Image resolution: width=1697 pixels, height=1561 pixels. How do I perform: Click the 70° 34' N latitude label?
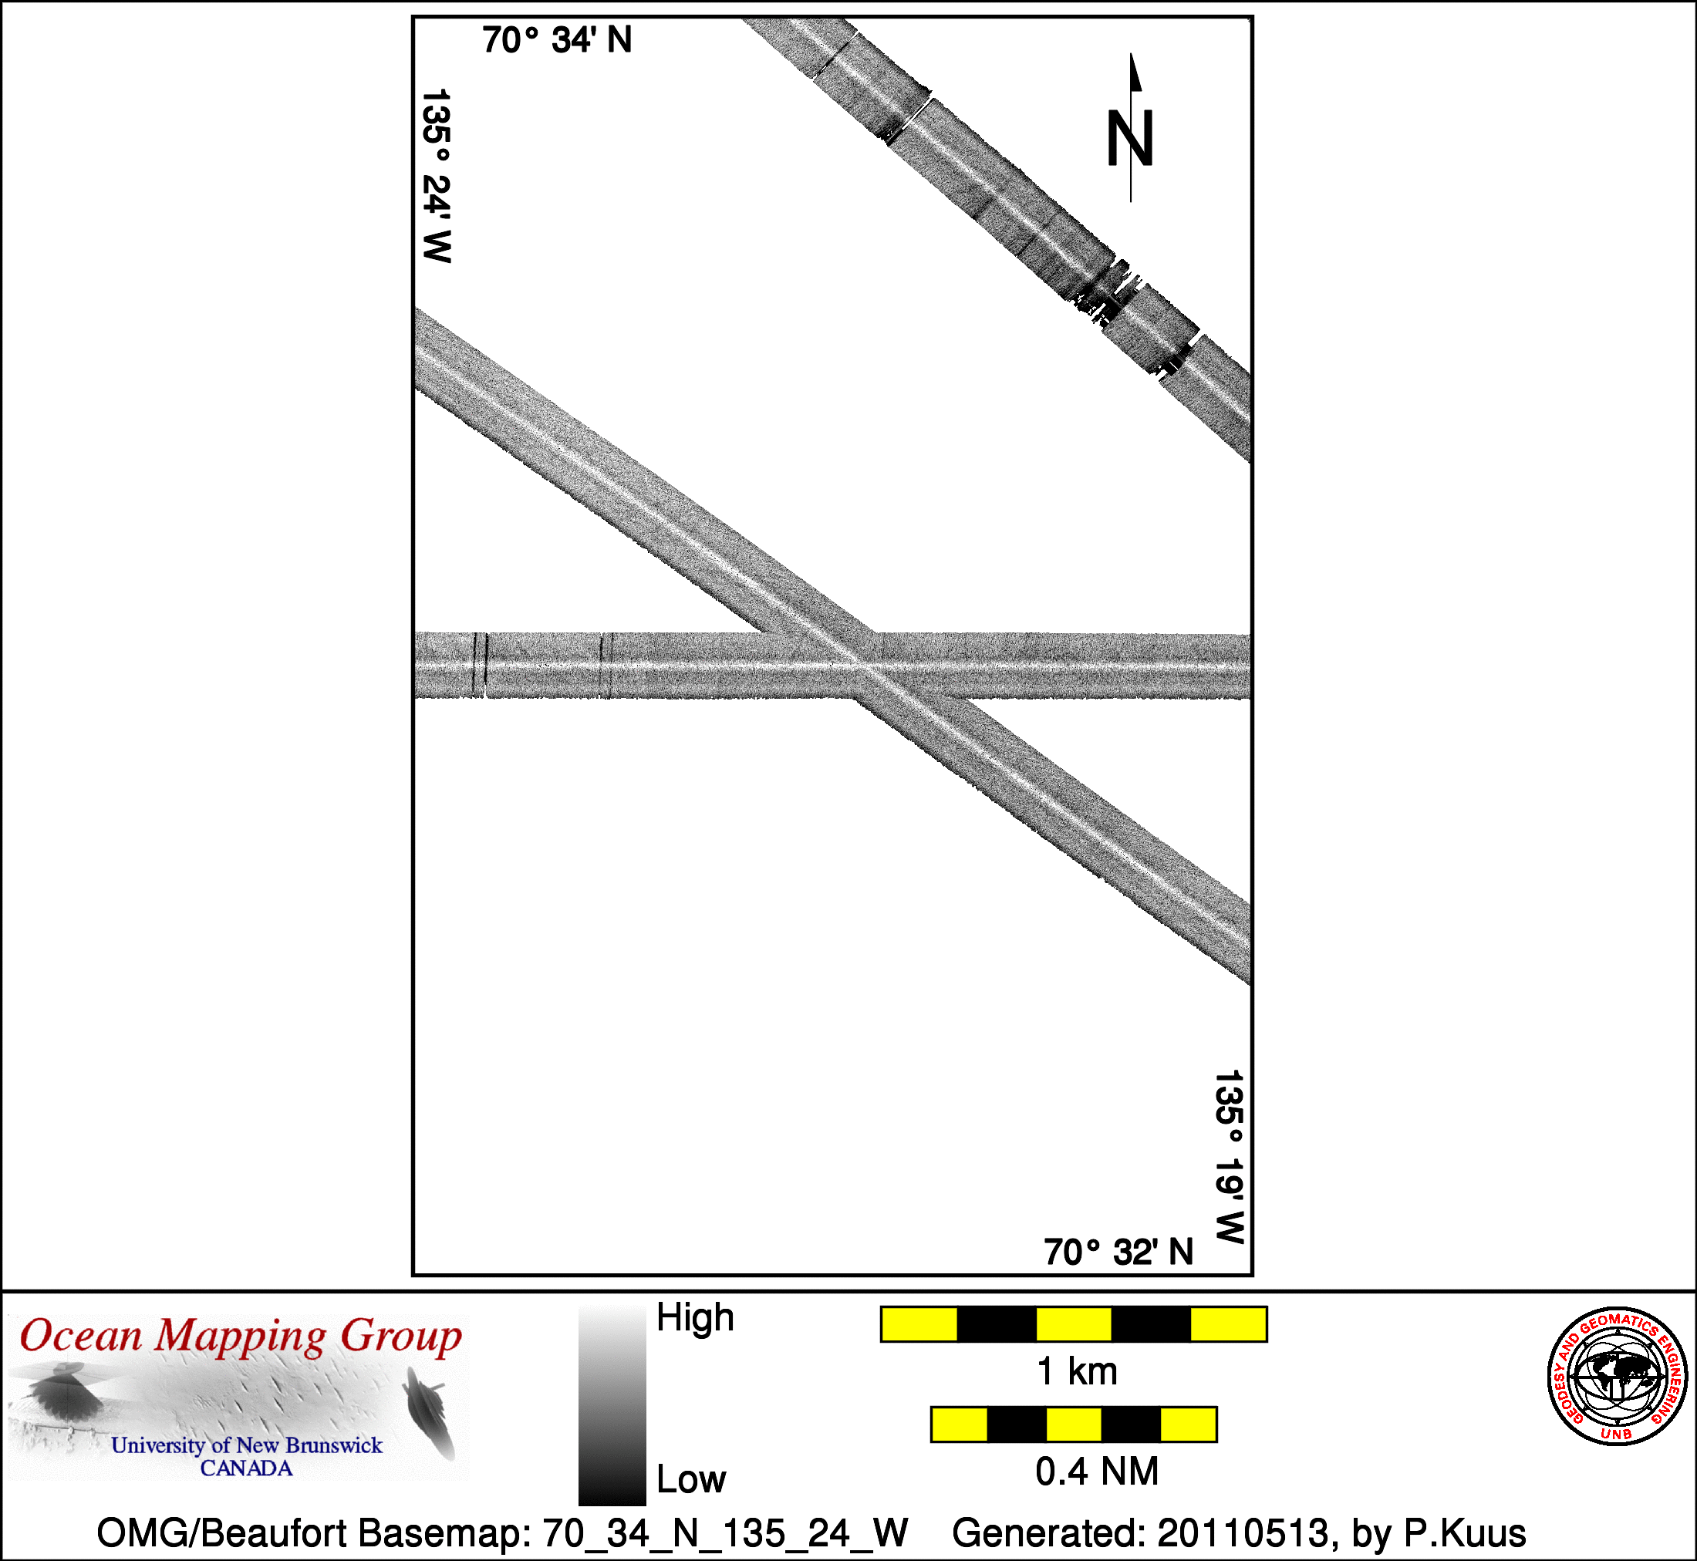coord(557,39)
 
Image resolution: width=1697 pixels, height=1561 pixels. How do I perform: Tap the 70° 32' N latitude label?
coord(1118,1252)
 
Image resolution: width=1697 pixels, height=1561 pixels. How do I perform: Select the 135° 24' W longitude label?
coord(436,176)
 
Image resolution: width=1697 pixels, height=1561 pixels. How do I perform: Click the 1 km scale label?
coord(1077,1371)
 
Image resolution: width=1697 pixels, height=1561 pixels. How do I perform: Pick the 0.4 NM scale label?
coord(1096,1472)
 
